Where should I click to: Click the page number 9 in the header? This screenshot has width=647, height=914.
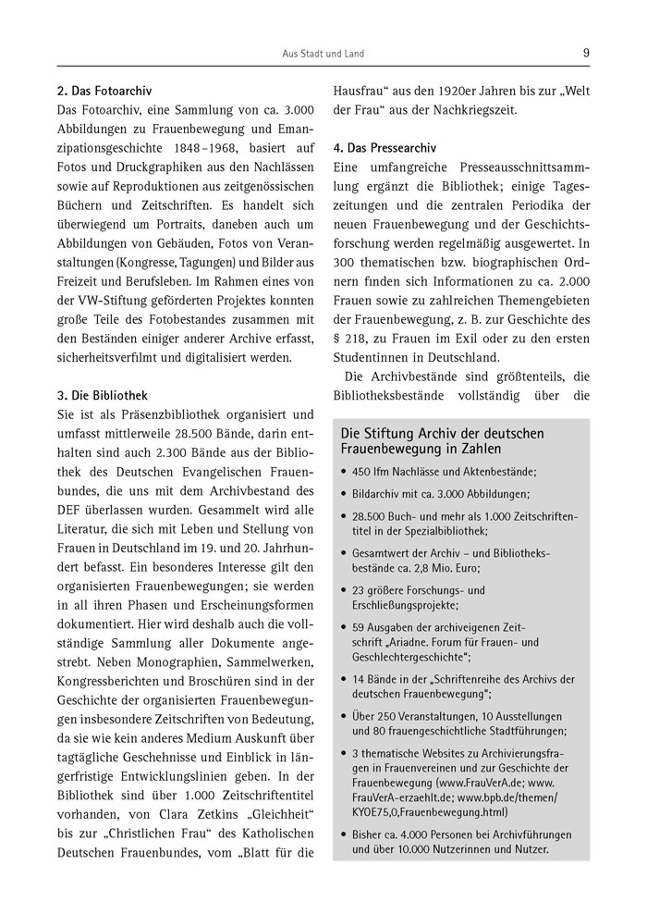[x=586, y=53]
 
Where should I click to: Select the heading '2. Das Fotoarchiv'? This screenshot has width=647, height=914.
[x=104, y=92]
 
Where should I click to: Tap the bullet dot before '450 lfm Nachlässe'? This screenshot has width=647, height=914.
[x=344, y=471]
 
